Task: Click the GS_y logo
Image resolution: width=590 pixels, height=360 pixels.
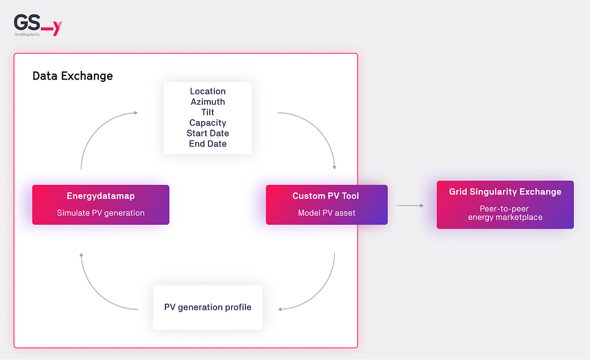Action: coord(37,25)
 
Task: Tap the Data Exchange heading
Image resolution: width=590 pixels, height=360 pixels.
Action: coord(73,76)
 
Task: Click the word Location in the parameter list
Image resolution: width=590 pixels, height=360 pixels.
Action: coord(207,91)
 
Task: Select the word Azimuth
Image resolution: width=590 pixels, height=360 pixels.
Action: coord(207,101)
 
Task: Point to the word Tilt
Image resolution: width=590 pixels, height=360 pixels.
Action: coord(207,112)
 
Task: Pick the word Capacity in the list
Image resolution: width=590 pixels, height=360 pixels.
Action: coord(207,123)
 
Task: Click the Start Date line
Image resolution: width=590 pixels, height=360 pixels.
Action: coord(207,133)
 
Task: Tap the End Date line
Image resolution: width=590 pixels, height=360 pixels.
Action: coord(207,143)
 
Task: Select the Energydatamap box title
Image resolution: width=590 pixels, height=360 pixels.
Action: coord(100,196)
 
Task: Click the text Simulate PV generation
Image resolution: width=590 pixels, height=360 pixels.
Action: coord(100,213)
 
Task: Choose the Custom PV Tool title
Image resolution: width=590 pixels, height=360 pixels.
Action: coord(326,196)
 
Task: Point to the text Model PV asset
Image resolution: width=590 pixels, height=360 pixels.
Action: coord(327,213)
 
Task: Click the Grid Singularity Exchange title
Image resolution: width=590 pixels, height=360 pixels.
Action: coord(505,192)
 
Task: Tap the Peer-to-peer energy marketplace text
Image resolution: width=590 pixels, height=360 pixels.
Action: coord(505,213)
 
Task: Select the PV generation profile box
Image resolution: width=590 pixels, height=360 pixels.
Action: coord(207,308)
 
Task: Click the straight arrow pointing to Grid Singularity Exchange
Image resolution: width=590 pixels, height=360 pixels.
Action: coord(410,206)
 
